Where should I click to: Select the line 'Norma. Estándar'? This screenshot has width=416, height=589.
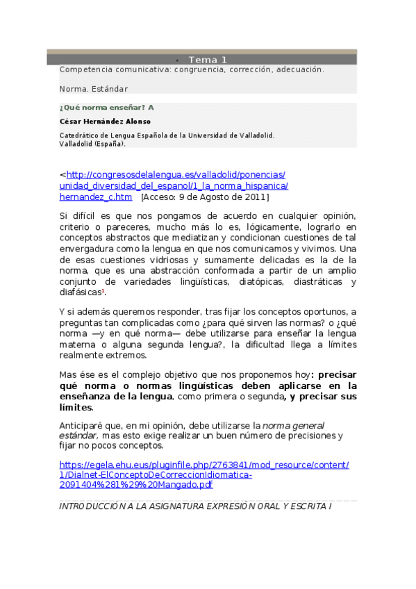point(94,89)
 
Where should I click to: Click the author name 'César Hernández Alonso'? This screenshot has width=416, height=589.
point(105,122)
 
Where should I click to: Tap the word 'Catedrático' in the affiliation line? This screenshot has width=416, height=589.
point(81,135)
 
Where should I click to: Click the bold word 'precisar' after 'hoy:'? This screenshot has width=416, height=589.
point(338,374)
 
